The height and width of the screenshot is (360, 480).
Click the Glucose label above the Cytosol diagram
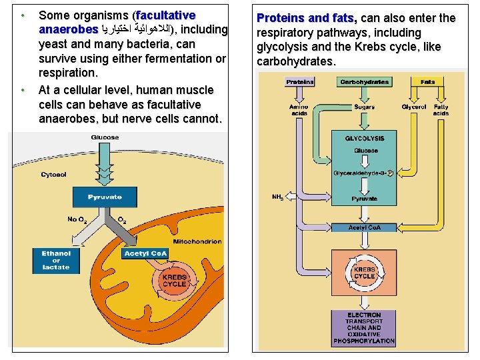coord(105,137)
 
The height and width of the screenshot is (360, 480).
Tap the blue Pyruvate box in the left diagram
coord(105,197)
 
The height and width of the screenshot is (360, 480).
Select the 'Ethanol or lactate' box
coord(56,261)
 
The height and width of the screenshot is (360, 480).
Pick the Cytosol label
coord(53,175)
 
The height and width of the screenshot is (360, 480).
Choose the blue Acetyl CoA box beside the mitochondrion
coord(145,253)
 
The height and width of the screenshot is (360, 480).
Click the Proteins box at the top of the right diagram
coord(300,82)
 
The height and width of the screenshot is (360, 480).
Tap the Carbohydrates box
coord(364,82)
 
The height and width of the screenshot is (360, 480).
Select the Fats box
coord(427,82)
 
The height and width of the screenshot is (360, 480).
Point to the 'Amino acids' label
coord(298,110)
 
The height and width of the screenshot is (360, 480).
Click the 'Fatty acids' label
coord(441,110)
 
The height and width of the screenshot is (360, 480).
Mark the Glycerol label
coord(414,107)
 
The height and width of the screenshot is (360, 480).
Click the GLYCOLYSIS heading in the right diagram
coord(365,139)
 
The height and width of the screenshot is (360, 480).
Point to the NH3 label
coord(278,197)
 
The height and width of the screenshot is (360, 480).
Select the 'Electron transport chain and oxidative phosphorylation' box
coord(364,327)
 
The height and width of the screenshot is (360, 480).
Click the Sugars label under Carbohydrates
coord(364,107)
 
